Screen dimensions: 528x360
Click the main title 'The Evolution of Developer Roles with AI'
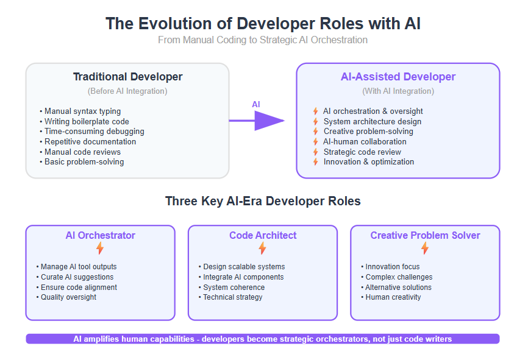tap(263, 24)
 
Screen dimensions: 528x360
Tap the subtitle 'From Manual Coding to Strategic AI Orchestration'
tap(263, 40)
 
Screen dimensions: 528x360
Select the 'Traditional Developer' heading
tap(127, 77)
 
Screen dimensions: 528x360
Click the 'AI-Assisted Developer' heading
tap(398, 77)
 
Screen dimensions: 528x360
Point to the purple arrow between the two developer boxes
tap(257, 121)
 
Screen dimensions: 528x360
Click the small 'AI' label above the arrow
tap(256, 104)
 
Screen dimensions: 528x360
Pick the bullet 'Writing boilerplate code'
tap(84, 121)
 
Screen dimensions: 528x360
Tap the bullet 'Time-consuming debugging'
tap(92, 131)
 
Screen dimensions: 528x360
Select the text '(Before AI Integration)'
tap(127, 91)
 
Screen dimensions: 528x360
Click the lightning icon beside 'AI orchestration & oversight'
tap(316, 111)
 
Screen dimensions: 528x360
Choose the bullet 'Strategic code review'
tap(362, 152)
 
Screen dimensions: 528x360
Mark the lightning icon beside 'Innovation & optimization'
tap(316, 162)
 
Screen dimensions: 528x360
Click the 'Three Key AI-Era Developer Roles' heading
tap(263, 201)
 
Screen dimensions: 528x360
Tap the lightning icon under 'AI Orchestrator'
tap(100, 249)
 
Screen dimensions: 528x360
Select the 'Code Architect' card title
tap(263, 235)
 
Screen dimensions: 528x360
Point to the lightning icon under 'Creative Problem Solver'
tap(425, 249)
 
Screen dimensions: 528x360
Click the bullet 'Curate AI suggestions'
tap(75, 277)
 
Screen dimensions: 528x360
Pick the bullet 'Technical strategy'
tap(230, 297)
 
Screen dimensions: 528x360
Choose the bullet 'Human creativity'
tap(391, 297)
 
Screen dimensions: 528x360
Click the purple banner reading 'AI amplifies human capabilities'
tap(263, 339)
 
